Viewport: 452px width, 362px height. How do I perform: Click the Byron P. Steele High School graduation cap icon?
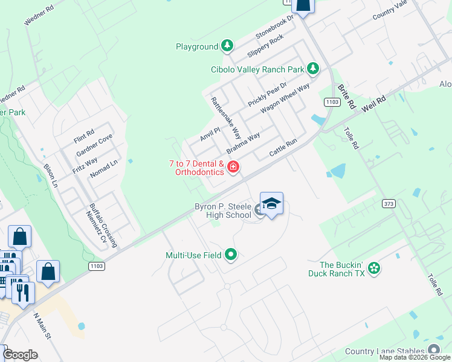[272, 204]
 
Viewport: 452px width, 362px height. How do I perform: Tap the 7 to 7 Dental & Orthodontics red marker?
[233, 167]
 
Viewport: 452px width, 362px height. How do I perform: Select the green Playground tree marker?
[227, 46]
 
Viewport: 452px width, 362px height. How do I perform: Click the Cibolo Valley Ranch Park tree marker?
[313, 69]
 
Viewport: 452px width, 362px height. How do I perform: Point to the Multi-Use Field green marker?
[230, 255]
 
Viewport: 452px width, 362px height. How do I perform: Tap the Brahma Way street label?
[243, 144]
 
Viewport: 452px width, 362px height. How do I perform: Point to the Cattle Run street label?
[283, 149]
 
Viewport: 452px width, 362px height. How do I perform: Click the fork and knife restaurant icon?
[24, 293]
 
